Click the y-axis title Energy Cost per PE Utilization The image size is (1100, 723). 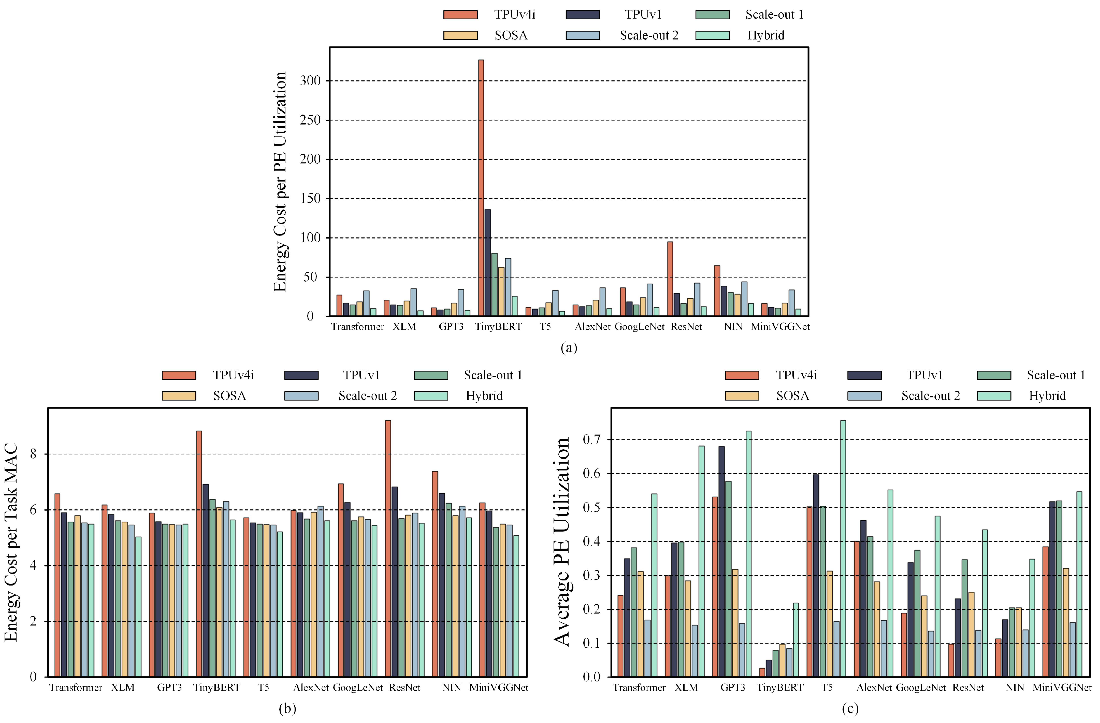[x=280, y=182]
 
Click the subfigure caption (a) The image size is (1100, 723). [x=569, y=347]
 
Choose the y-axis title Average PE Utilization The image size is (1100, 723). [x=562, y=541]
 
